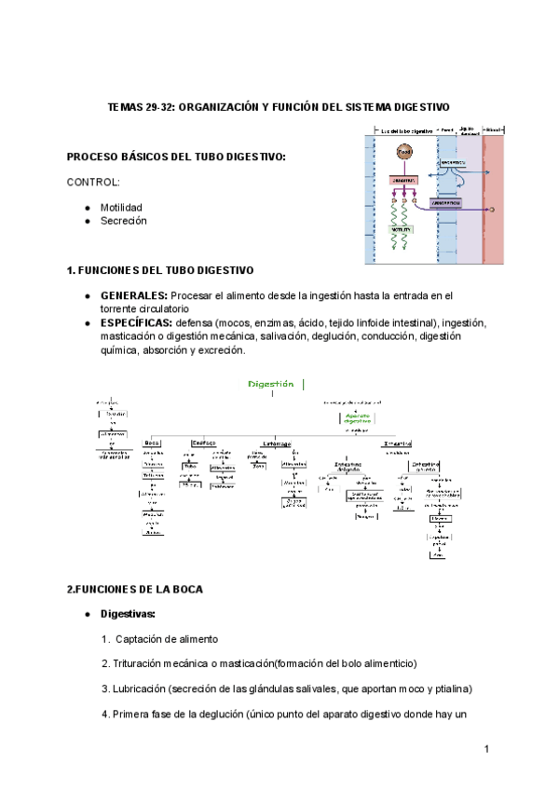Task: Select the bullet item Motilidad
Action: click(x=122, y=207)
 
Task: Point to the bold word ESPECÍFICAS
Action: click(x=136, y=322)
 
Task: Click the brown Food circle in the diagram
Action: click(x=403, y=152)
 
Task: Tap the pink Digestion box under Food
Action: click(x=403, y=179)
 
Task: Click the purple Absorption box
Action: click(x=448, y=202)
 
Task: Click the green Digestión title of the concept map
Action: click(x=271, y=383)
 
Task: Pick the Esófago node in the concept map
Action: click(x=204, y=443)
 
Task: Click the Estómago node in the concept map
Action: click(x=276, y=443)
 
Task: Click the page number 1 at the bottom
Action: click(x=487, y=749)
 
